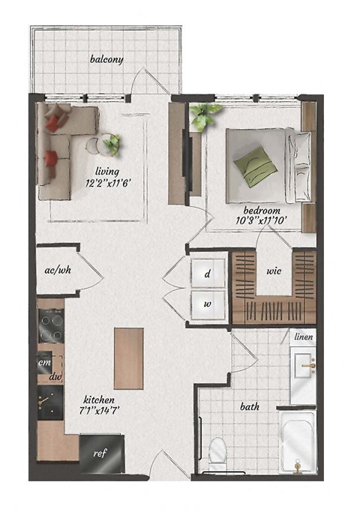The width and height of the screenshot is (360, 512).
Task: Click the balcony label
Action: [106, 59]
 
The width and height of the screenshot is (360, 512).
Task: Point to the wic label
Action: [272, 271]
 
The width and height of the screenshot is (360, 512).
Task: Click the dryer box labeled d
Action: [208, 274]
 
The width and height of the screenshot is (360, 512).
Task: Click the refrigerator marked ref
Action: [98, 454]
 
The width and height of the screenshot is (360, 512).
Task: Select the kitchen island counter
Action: [128, 358]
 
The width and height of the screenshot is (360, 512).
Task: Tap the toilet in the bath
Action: [217, 450]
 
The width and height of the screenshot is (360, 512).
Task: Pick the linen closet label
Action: [303, 338]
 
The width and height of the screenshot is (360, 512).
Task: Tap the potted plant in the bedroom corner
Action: [205, 115]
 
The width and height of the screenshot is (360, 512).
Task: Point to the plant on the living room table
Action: [112, 142]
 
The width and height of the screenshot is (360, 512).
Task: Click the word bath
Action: [250, 407]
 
